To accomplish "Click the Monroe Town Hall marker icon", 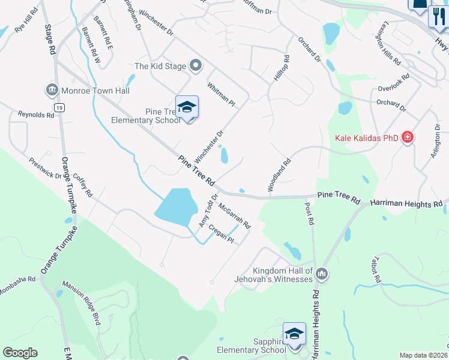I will pos(51,91).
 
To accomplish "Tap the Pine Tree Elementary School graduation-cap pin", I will pos(187,108).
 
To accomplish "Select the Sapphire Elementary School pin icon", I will pos(294,334).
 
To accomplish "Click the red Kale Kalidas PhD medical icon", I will pos(408,137).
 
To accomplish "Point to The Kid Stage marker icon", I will pos(194,65).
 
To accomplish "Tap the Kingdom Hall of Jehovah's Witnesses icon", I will pos(322,274).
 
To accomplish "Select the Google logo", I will pos(20,353).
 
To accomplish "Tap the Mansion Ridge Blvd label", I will pos(82,303).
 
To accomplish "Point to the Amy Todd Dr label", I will pos(208,211).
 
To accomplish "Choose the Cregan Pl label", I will pos(220,233).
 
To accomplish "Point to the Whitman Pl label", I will pos(221,94).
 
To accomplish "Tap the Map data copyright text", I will pos(423,355).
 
